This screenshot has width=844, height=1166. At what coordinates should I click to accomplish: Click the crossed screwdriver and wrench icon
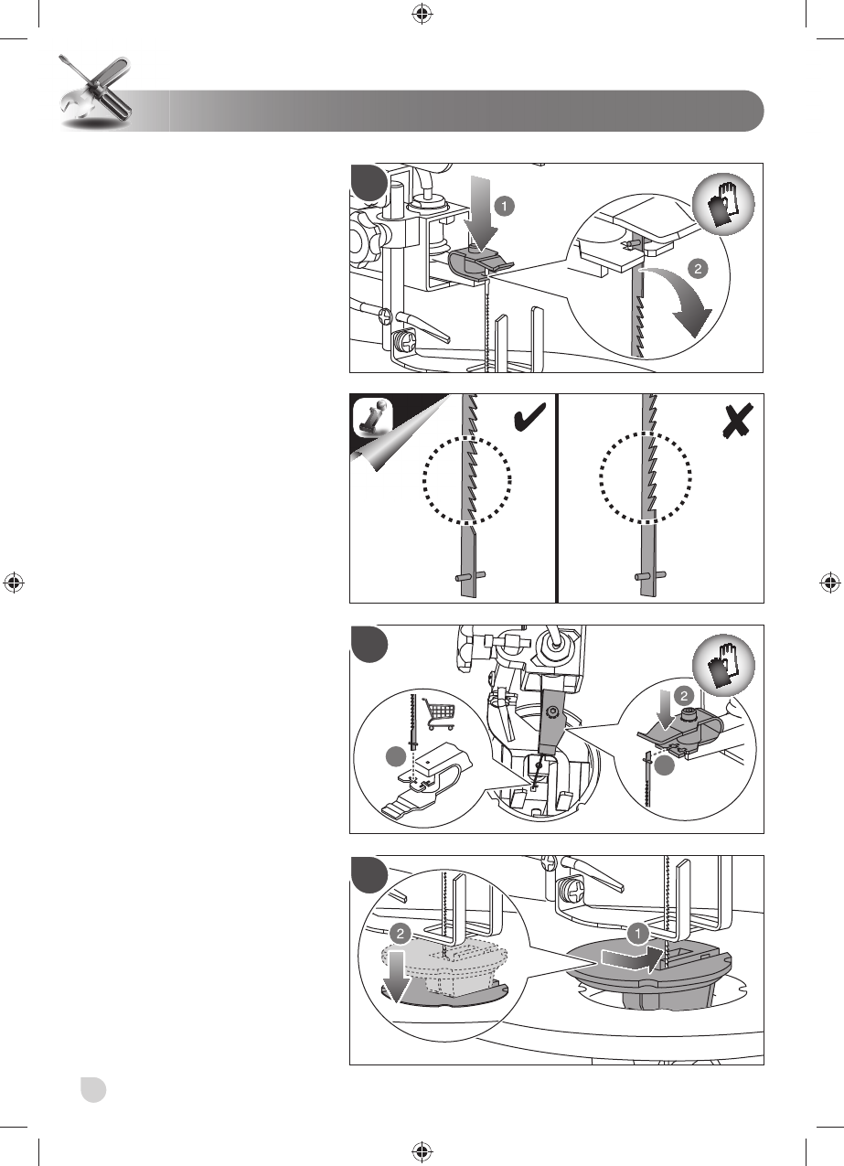tap(91, 92)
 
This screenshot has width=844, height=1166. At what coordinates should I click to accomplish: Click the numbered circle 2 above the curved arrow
tap(697, 271)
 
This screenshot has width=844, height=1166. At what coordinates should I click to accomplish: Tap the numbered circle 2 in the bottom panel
tap(399, 935)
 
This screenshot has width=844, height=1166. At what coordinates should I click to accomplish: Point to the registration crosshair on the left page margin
tap(13, 583)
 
